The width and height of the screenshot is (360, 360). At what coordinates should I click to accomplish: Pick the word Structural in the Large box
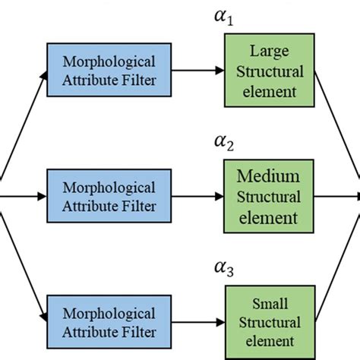267,72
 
